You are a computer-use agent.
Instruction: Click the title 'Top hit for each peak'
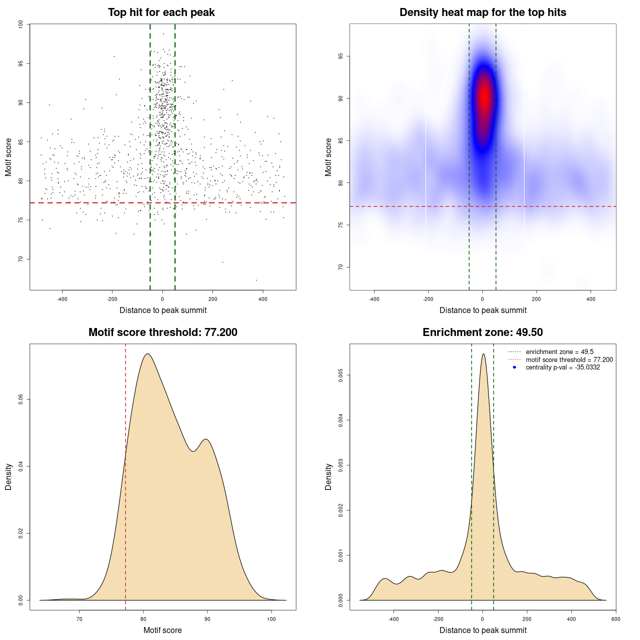161,12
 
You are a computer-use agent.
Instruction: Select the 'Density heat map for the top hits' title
482,12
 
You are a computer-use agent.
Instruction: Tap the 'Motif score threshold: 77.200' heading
162,332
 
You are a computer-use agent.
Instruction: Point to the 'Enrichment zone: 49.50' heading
482,332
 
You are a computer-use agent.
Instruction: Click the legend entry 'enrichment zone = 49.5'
559,352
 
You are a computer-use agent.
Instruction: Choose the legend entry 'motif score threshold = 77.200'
569,359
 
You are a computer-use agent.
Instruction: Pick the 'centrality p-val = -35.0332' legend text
562,367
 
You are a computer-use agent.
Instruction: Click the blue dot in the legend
514,367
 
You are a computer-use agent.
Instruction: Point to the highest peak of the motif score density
147,354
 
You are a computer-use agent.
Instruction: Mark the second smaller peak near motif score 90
205,439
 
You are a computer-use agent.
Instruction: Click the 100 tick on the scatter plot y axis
21,24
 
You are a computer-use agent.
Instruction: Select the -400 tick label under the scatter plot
62,299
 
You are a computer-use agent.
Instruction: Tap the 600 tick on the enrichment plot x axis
615,619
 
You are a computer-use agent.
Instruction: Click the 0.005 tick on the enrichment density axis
341,375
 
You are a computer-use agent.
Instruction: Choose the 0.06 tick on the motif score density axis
21,399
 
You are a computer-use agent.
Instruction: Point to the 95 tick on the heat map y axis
341,56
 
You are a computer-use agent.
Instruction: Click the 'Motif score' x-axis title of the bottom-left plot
162,630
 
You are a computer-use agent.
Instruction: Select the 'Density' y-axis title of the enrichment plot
328,476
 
